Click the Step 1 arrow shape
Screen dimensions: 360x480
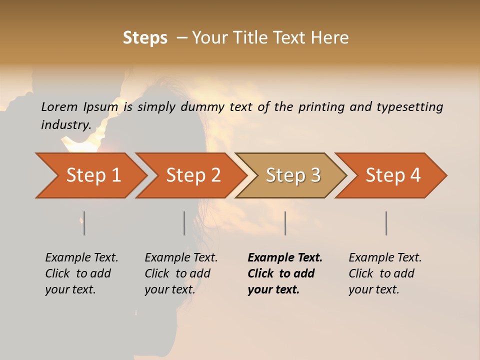pos(93,175)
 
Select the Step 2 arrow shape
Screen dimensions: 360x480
pos(193,175)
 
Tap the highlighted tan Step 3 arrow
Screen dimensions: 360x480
pos(293,175)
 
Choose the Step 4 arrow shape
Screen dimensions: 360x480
pos(393,175)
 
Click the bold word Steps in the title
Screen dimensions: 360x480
pos(145,38)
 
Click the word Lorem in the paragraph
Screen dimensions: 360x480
pos(59,106)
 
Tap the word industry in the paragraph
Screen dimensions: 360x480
pos(65,124)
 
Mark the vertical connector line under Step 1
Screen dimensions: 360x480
pos(84,223)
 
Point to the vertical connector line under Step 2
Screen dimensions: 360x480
pos(184,223)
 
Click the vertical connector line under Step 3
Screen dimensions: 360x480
pos(285,223)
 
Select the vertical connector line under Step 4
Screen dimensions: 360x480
pos(386,223)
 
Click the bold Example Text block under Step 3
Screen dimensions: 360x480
pos(284,273)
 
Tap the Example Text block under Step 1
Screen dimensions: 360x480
pos(81,273)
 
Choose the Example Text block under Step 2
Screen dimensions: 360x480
pos(180,273)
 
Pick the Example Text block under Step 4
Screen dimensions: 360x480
pos(384,273)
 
